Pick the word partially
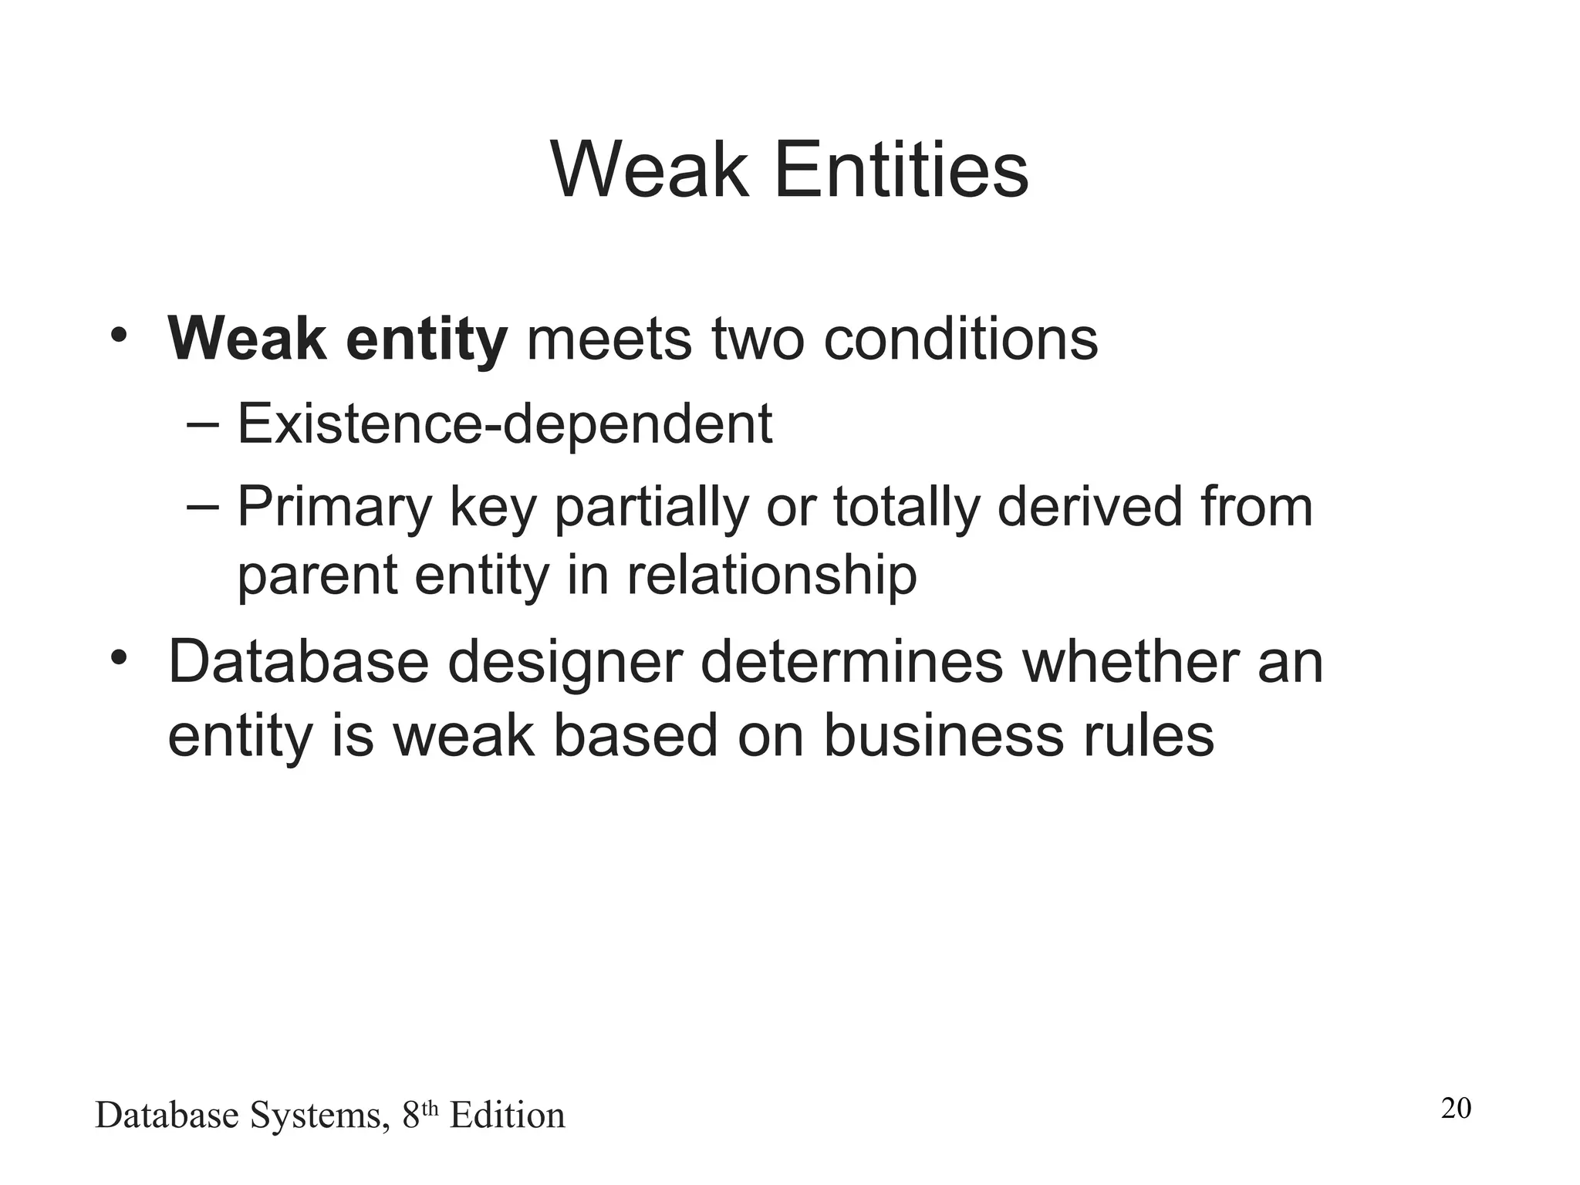(652, 507)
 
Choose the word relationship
(771, 576)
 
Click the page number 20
(1456, 1109)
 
